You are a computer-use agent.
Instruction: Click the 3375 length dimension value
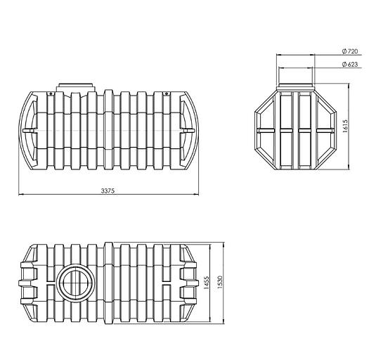click(x=108, y=191)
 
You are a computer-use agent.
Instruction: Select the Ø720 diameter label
click(x=350, y=51)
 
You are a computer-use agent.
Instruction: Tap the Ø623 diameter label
click(x=350, y=64)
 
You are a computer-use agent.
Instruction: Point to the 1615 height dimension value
click(x=345, y=126)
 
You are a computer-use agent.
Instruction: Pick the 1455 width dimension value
click(x=206, y=283)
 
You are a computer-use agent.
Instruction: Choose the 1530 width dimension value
click(x=220, y=282)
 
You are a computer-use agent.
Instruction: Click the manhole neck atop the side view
click(x=76, y=87)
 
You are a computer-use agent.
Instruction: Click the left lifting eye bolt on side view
click(x=51, y=94)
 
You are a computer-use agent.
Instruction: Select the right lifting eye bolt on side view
click(x=167, y=94)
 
